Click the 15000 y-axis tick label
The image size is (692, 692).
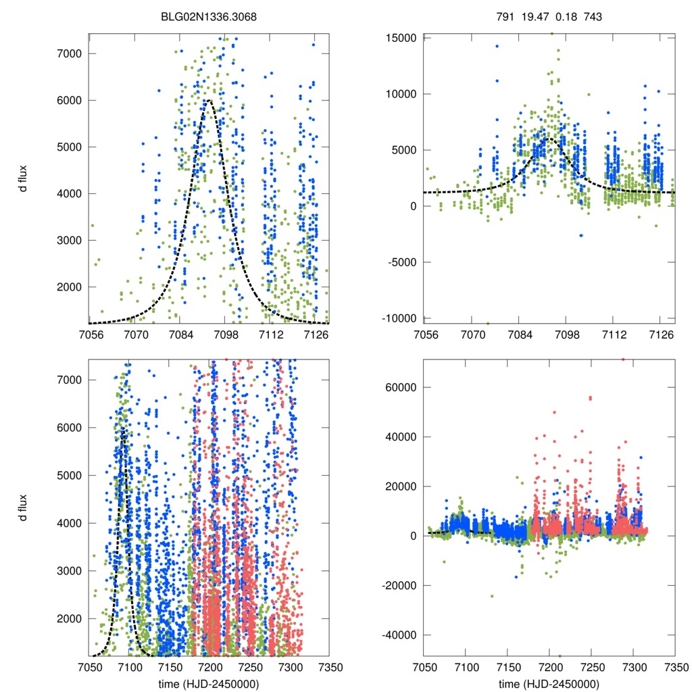[401, 38]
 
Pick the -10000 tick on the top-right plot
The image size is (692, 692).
[399, 318]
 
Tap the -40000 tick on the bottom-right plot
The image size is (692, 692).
[399, 635]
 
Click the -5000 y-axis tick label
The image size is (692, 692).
[401, 262]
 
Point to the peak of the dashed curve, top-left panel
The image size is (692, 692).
[209, 101]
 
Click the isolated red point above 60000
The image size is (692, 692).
[623, 360]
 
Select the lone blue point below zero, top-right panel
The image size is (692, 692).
[580, 235]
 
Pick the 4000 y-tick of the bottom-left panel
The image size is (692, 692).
[70, 523]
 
